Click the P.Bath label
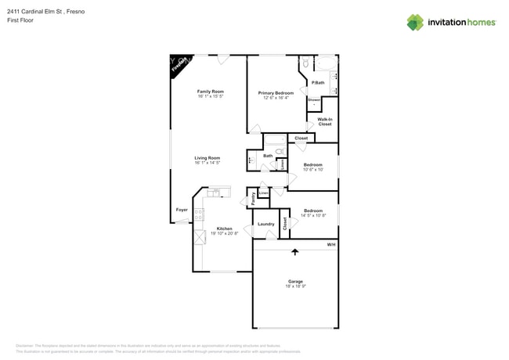click(x=318, y=83)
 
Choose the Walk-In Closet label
click(x=324, y=121)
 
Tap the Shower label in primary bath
click(x=313, y=100)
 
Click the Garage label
click(x=295, y=282)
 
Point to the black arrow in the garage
click(x=295, y=252)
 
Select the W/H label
click(x=331, y=245)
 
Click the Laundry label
click(x=266, y=224)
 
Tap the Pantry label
click(x=253, y=199)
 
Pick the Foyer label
click(x=182, y=210)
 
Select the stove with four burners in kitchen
click(x=199, y=214)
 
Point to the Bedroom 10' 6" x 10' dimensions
click(x=313, y=169)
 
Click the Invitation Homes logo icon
click(x=415, y=22)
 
